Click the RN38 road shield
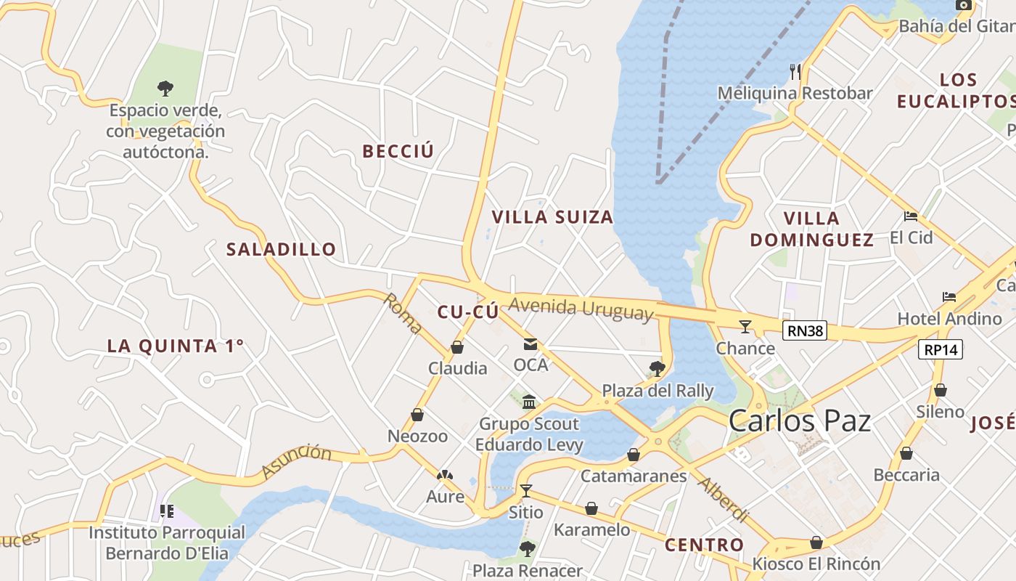pyautogui.click(x=806, y=331)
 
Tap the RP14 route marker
pyautogui.click(x=941, y=349)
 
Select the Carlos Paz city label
pyautogui.click(x=800, y=420)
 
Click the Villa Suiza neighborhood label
pyautogui.click(x=552, y=217)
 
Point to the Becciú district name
pyautogui.click(x=398, y=151)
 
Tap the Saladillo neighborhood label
pyautogui.click(x=282, y=250)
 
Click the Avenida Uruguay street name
pyautogui.click(x=581, y=309)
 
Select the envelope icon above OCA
pyautogui.click(x=530, y=344)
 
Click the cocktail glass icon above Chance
pyautogui.click(x=745, y=327)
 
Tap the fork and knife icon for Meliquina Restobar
pyautogui.click(x=795, y=71)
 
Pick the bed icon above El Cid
pyautogui.click(x=911, y=216)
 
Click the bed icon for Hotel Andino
pyautogui.click(x=949, y=297)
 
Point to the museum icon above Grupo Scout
pyautogui.click(x=529, y=402)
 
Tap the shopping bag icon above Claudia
pyautogui.click(x=457, y=347)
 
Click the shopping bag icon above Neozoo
pyautogui.click(x=417, y=415)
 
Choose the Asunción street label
pyautogui.click(x=296, y=461)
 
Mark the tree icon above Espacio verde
pyautogui.click(x=165, y=89)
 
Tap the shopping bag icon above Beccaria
pyautogui.click(x=906, y=453)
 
